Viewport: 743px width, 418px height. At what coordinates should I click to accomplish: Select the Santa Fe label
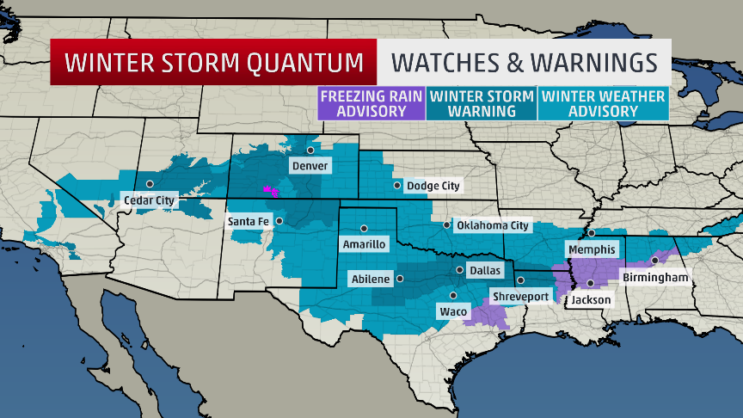click(249, 221)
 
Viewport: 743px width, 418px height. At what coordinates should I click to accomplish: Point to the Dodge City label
click(433, 186)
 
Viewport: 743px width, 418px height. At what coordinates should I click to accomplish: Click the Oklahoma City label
click(493, 225)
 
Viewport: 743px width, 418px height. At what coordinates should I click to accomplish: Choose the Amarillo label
click(365, 244)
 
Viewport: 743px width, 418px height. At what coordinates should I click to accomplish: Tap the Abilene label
click(371, 279)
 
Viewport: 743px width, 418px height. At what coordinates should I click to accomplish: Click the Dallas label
click(484, 270)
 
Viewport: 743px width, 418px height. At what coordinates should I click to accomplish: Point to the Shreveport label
click(520, 296)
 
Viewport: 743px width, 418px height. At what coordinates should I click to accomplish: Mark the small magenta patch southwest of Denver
click(271, 189)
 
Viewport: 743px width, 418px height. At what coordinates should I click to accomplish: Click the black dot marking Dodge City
click(396, 185)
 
